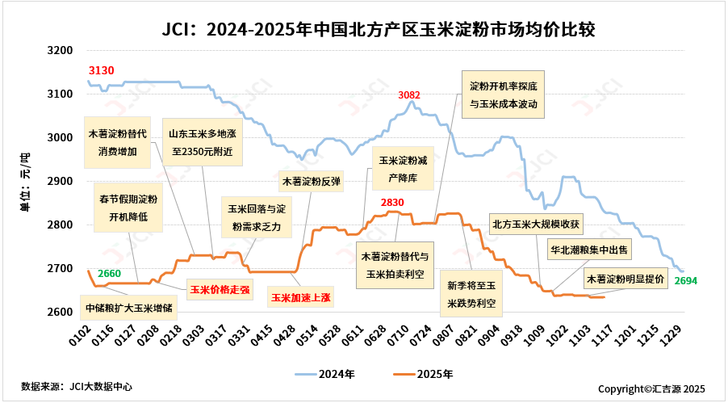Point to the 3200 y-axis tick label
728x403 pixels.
(61, 50)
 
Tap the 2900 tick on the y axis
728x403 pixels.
(61, 181)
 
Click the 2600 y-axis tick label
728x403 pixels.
(61, 312)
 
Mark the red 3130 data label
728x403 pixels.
(101, 71)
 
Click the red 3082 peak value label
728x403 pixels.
(409, 95)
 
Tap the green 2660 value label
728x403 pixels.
(109, 274)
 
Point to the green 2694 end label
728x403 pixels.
(685, 281)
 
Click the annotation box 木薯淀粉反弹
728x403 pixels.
(310, 182)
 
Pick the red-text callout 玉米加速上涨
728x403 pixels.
(301, 297)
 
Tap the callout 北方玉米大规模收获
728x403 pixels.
(536, 224)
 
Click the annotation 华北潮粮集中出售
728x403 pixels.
(590, 249)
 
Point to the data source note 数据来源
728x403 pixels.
(77, 387)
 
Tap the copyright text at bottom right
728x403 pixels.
(651, 388)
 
